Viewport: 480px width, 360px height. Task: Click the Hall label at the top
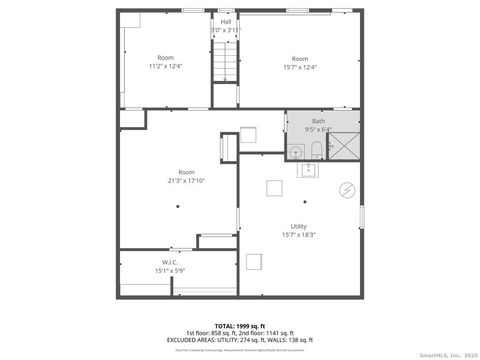225,21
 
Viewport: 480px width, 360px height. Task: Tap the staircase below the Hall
225,68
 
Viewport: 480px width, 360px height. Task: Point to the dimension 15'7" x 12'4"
299,66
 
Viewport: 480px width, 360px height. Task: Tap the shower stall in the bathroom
343,148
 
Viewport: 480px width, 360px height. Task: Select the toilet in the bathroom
316,151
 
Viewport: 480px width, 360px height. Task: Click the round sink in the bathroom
296,152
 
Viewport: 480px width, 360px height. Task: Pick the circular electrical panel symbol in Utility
346,189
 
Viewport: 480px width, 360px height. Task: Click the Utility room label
299,226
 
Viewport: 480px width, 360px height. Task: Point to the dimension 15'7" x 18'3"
299,235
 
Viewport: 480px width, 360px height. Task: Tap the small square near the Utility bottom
257,263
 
